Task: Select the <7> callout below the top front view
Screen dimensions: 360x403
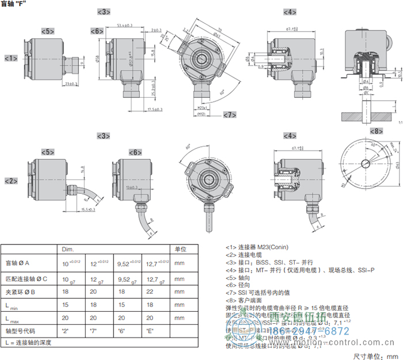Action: pos(230,114)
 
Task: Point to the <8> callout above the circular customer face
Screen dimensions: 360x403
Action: pos(376,131)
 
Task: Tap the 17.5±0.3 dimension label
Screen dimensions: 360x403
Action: pos(154,109)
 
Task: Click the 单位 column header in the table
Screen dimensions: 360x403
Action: pos(181,249)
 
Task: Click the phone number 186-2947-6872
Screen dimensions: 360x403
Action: pos(314,331)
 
